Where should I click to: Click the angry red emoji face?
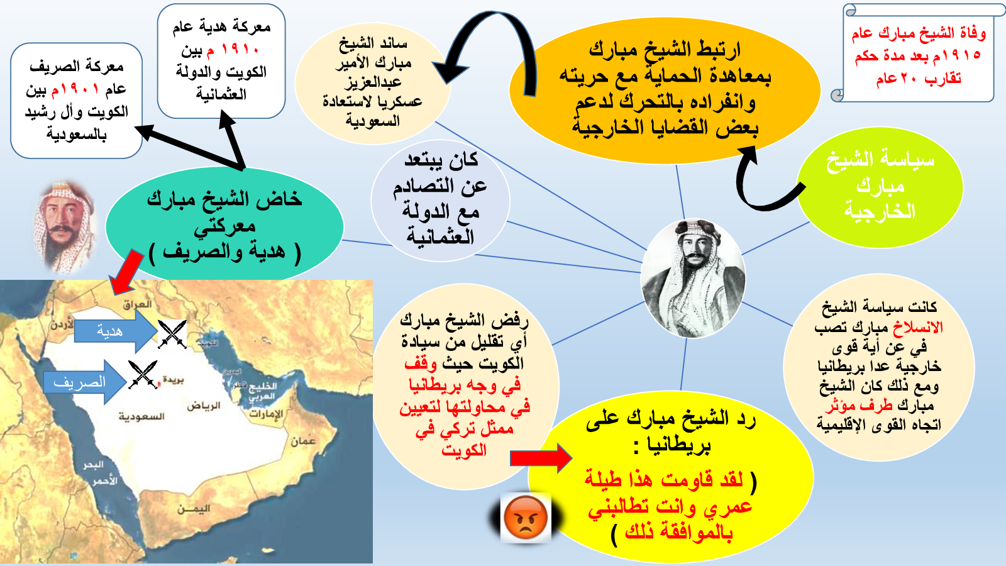(526, 518)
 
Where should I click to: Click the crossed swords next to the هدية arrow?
(172, 334)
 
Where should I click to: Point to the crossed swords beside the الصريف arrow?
(143, 374)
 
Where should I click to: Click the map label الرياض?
(204, 406)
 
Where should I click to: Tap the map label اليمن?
(194, 509)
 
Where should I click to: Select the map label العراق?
(138, 304)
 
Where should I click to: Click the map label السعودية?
(141, 416)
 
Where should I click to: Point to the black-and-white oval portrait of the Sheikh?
(693, 278)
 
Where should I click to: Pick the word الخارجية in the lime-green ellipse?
(880, 211)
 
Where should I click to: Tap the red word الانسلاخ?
(918, 327)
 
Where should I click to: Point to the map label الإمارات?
(267, 414)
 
